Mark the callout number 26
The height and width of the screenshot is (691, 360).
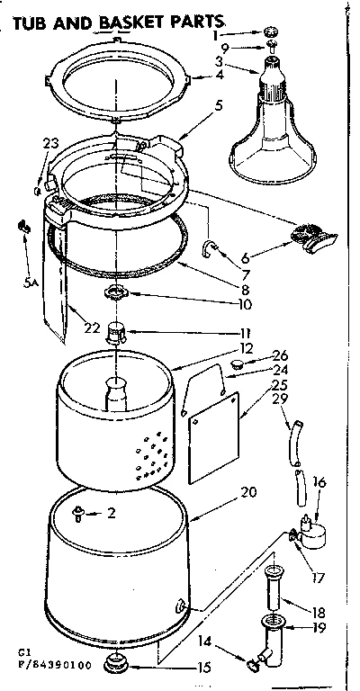coord(279,354)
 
